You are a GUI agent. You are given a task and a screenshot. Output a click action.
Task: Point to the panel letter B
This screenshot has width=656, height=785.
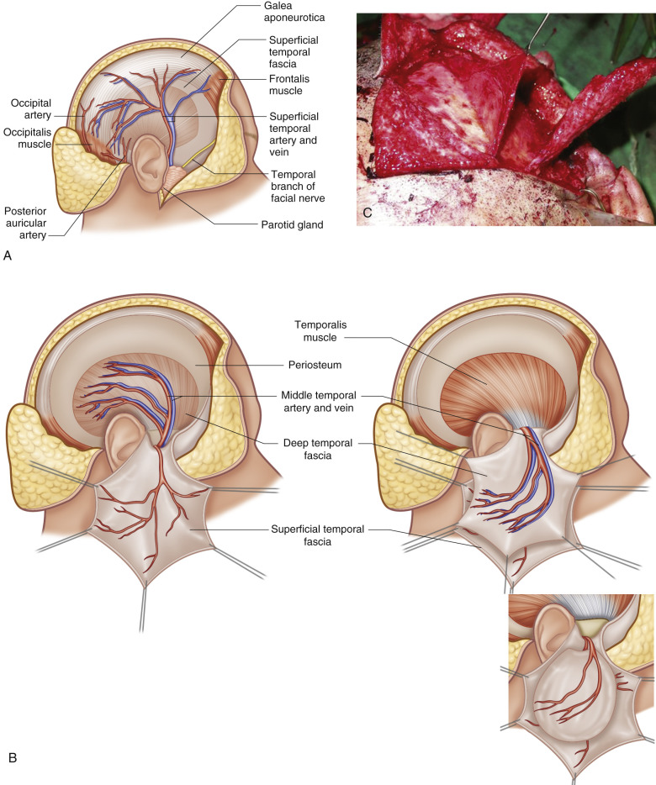click(13, 758)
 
